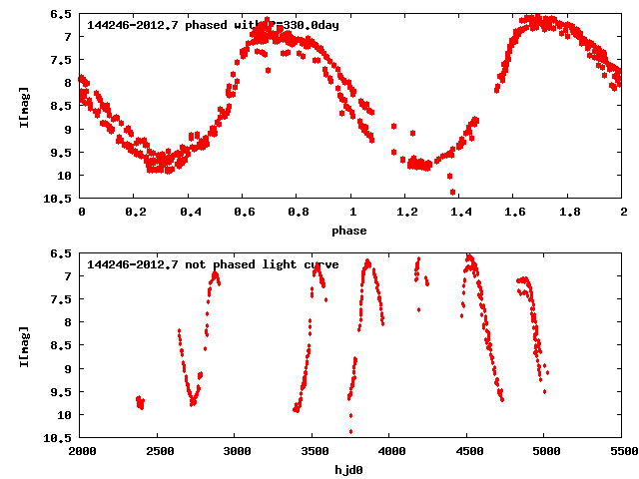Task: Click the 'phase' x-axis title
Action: (349, 231)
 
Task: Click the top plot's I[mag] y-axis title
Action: (23, 107)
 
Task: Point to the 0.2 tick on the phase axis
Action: (135, 213)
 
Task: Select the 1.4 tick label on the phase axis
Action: (405, 213)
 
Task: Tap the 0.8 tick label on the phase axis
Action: (298, 213)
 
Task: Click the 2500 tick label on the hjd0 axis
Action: (159, 452)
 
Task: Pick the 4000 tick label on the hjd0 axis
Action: (390, 452)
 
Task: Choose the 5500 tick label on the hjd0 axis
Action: (622, 452)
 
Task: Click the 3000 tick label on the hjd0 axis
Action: (236, 452)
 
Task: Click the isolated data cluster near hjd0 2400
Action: (140, 402)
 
